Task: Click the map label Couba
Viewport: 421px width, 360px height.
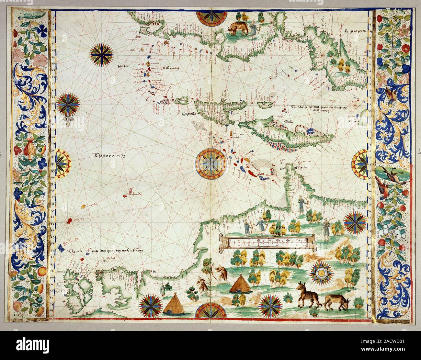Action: (286, 122)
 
